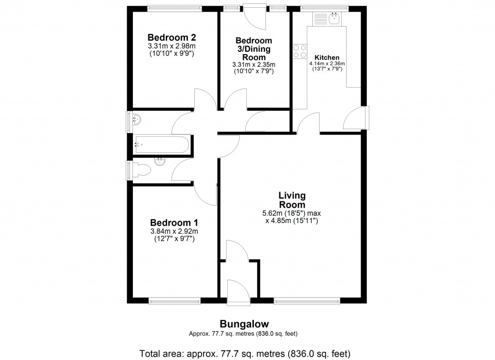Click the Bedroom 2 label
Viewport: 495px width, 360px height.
(x=171, y=38)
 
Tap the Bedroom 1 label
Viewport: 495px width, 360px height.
(x=174, y=223)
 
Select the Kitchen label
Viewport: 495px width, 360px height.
(x=327, y=57)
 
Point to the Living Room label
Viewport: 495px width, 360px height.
(x=292, y=200)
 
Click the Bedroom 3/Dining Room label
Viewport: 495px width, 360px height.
(x=254, y=49)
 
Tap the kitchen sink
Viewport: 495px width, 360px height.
(x=334, y=19)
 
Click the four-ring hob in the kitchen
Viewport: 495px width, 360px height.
(x=300, y=51)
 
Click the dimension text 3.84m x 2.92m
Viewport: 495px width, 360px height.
(x=174, y=231)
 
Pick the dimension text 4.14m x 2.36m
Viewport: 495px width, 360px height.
(x=327, y=63)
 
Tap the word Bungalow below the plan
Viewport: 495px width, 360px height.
(x=244, y=324)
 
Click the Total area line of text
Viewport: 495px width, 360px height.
(x=244, y=352)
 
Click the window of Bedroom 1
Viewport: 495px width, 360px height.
(x=175, y=300)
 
